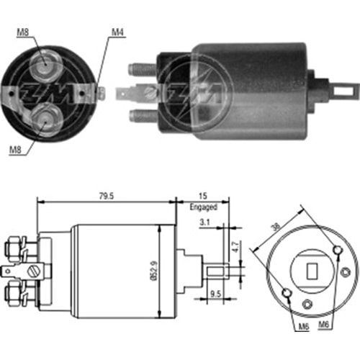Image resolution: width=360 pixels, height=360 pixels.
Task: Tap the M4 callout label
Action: (x=117, y=32)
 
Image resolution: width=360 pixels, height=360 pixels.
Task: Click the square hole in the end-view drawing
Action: (x=313, y=271)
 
